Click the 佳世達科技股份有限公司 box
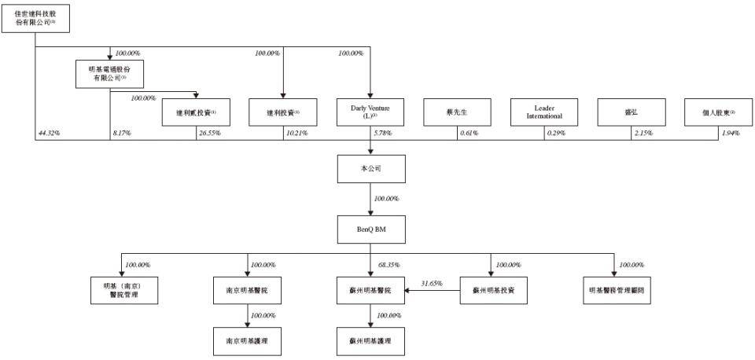(35, 17)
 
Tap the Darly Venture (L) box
(370, 112)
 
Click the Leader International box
(544, 112)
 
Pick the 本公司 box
(370, 169)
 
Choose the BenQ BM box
(370, 229)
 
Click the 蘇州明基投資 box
(493, 289)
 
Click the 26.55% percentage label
(210, 134)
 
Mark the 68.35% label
(389, 265)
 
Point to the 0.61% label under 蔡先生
(470, 134)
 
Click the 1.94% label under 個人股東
(731, 134)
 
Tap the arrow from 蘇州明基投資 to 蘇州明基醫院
(432, 290)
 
